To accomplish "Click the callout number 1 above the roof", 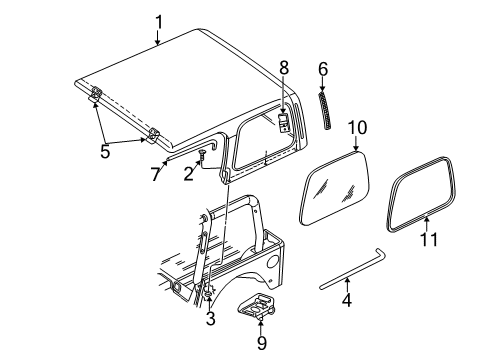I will point(158,19).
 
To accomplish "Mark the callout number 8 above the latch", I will point(284,68).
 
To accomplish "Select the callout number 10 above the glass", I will point(358,127).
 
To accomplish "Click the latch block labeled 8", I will point(284,122).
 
